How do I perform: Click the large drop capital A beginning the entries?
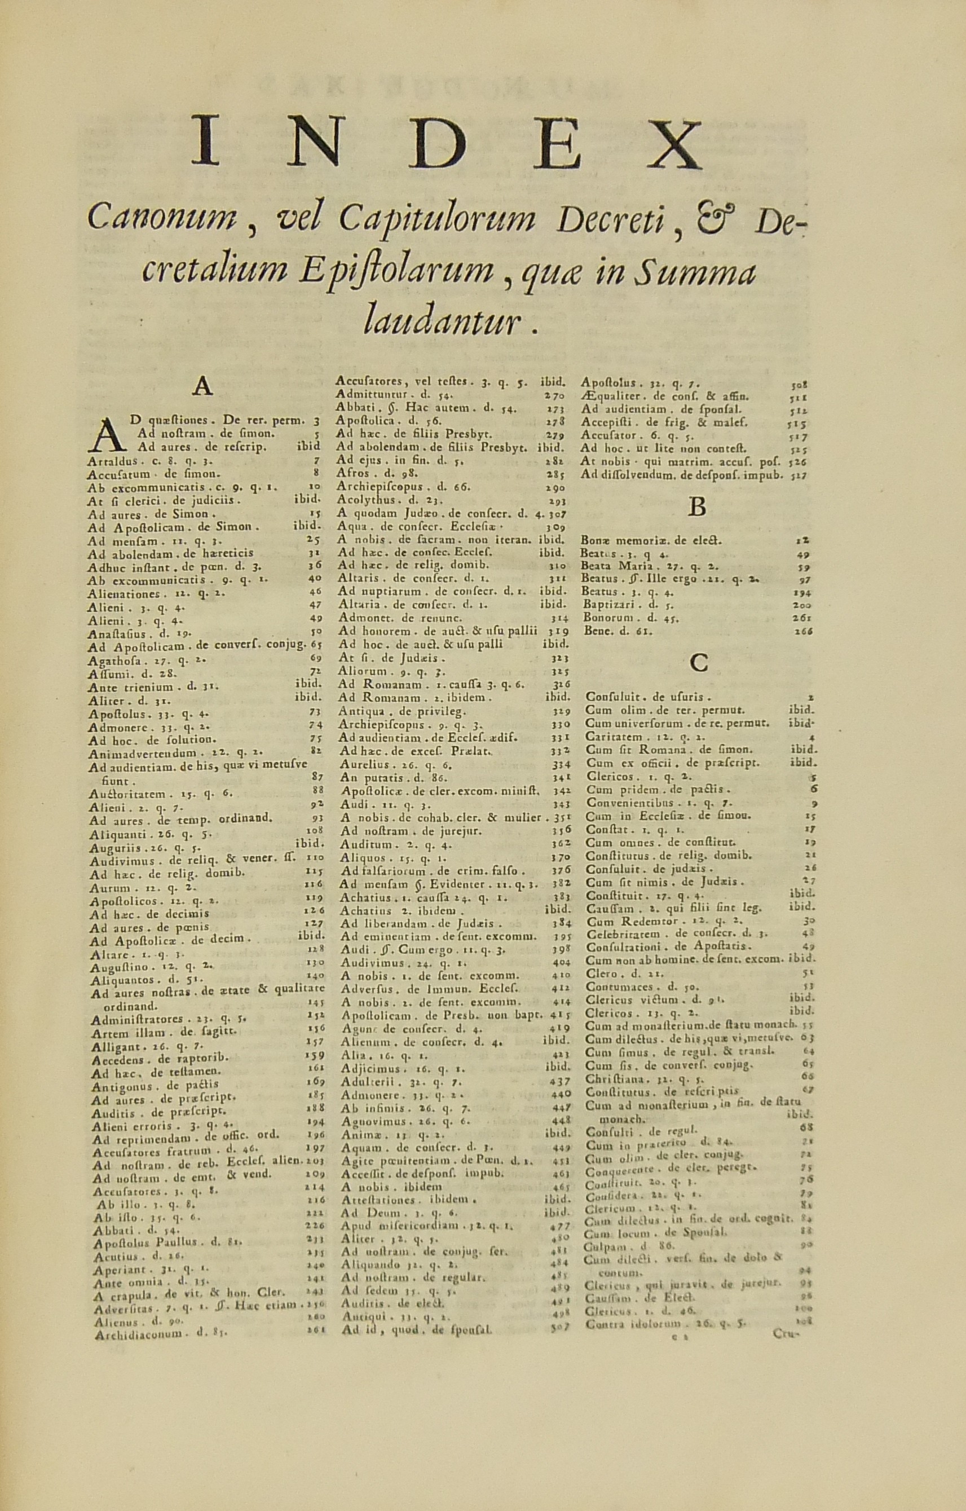[107, 433]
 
